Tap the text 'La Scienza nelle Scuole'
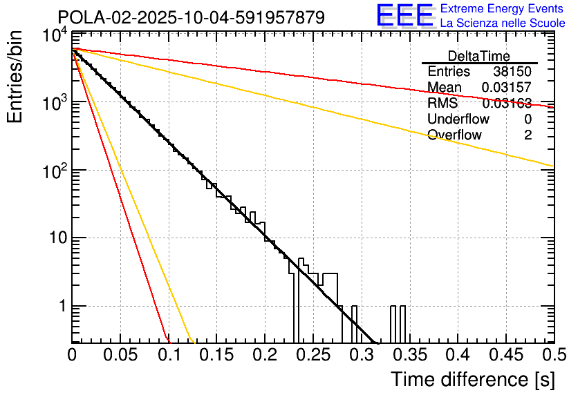[502, 23]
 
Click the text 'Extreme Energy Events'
[502, 9]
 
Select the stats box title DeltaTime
[479, 56]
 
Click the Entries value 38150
[512, 72]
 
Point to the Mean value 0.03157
[507, 88]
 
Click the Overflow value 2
[528, 135]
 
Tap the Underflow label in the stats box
[458, 119]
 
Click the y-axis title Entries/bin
[15, 77]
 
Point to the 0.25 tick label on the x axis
[313, 355]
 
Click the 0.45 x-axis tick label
[505, 355]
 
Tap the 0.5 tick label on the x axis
[552, 355]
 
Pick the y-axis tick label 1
[59, 307]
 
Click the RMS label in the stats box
[442, 104]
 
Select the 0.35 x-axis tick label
[409, 355]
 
